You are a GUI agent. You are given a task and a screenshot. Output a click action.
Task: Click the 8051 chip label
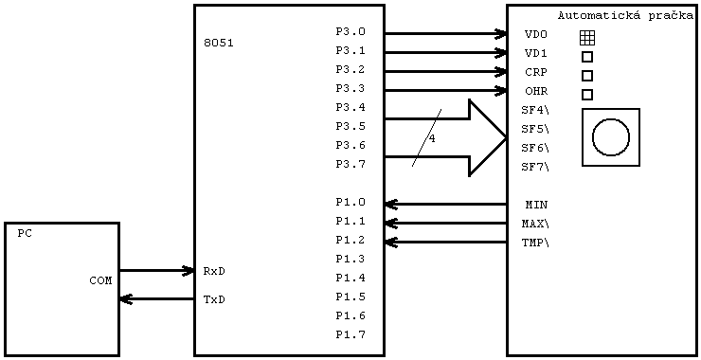[218, 44]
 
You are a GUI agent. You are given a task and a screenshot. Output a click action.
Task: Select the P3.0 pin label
[350, 32]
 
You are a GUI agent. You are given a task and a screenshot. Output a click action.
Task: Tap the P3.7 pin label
[350, 165]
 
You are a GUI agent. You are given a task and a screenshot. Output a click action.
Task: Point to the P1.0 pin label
[350, 203]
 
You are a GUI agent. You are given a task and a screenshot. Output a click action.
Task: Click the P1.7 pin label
[350, 335]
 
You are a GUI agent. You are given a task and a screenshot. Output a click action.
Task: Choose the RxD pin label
[214, 272]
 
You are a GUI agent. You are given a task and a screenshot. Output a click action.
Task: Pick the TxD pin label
[214, 300]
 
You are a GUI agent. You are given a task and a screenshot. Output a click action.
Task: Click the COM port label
[100, 281]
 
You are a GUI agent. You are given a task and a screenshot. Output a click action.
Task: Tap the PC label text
[25, 234]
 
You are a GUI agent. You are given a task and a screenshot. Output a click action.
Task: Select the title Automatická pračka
[625, 16]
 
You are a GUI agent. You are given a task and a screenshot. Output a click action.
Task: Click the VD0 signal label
[536, 35]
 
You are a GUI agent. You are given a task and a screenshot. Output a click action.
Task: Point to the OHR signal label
[536, 92]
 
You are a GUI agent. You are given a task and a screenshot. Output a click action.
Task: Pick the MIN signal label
[536, 206]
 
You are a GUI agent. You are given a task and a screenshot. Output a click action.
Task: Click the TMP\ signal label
[535, 243]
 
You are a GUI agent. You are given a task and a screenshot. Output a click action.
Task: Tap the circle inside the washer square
[611, 137]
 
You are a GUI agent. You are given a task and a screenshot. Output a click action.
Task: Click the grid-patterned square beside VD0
[587, 37]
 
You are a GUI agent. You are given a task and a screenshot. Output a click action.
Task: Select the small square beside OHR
[587, 95]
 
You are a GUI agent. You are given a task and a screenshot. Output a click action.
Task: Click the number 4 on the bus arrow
[432, 139]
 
